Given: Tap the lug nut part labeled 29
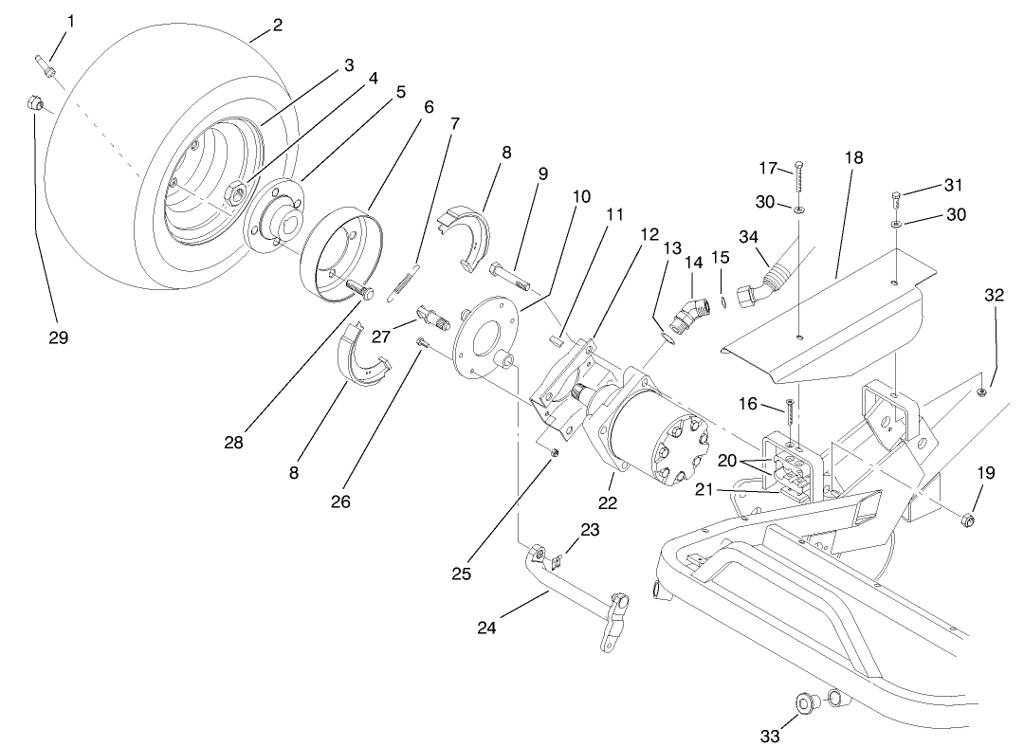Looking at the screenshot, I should coord(31,104).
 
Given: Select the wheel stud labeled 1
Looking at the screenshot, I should coord(46,67).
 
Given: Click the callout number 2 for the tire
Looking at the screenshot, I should coord(277,26).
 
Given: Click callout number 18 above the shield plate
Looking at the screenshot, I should coord(853,157).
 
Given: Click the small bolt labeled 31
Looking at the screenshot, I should coord(898,199).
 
